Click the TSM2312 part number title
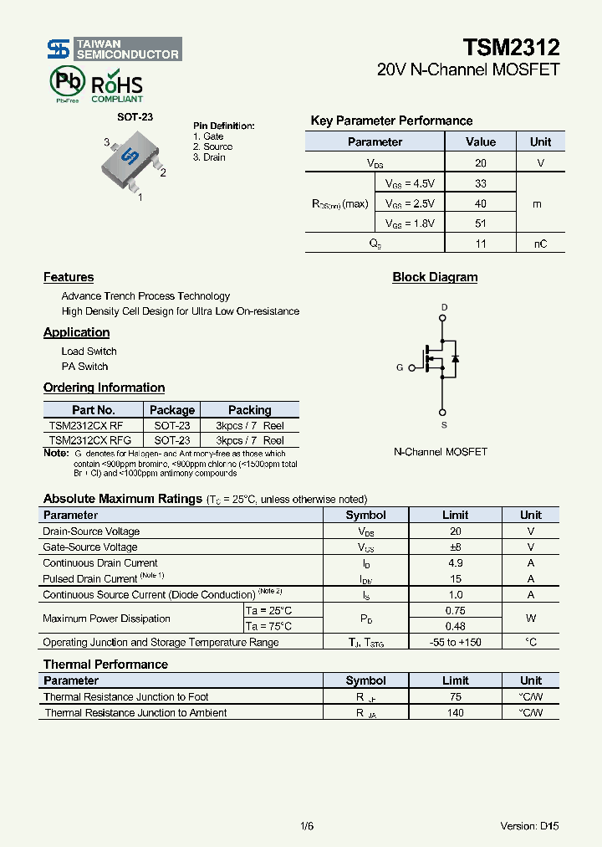pyautogui.click(x=512, y=47)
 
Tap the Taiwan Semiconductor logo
pyautogui.click(x=113, y=49)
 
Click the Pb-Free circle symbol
pyautogui.click(x=68, y=82)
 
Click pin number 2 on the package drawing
pyautogui.click(x=162, y=173)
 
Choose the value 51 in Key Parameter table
pyautogui.click(x=480, y=223)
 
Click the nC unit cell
pyautogui.click(x=540, y=244)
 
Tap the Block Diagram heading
pyautogui.click(x=435, y=277)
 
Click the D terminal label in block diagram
pyautogui.click(x=444, y=307)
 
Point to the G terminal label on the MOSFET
pyautogui.click(x=400, y=367)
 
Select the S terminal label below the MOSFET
pyautogui.click(x=444, y=425)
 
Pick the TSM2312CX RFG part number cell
pyautogui.click(x=89, y=440)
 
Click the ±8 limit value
pyautogui.click(x=455, y=547)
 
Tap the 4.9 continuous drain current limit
pyautogui.click(x=455, y=563)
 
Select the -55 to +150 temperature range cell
pyautogui.click(x=455, y=642)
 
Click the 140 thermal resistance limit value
pyautogui.click(x=455, y=713)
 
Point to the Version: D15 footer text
pyautogui.click(x=529, y=826)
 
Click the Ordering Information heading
pyautogui.click(x=104, y=388)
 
